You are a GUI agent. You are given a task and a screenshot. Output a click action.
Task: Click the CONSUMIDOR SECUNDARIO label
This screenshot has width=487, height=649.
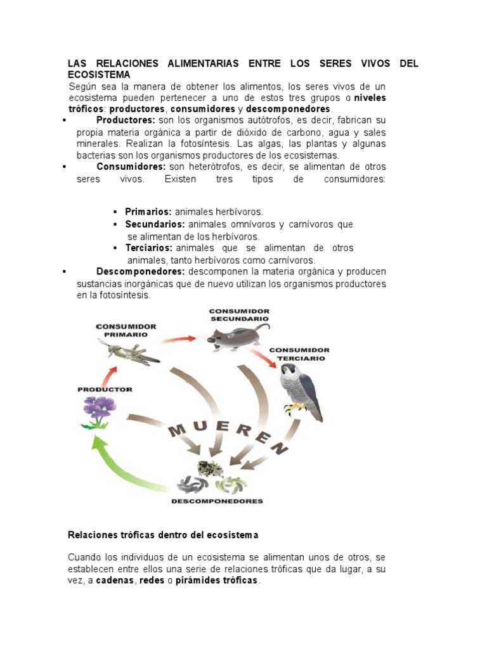pyautogui.click(x=240, y=314)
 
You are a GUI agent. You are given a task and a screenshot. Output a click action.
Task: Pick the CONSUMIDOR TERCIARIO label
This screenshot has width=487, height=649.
pyautogui.click(x=299, y=354)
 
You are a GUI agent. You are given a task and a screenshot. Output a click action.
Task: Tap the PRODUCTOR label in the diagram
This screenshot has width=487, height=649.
pyautogui.click(x=105, y=389)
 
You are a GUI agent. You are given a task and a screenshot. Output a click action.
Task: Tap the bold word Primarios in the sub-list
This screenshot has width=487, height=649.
pyautogui.click(x=148, y=212)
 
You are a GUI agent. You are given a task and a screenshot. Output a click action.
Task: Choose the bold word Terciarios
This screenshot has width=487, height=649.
pyautogui.click(x=149, y=248)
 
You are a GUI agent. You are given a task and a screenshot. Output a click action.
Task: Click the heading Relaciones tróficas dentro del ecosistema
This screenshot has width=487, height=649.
pyautogui.click(x=163, y=535)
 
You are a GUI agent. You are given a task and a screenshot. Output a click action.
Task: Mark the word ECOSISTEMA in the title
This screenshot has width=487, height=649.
pyautogui.click(x=99, y=75)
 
